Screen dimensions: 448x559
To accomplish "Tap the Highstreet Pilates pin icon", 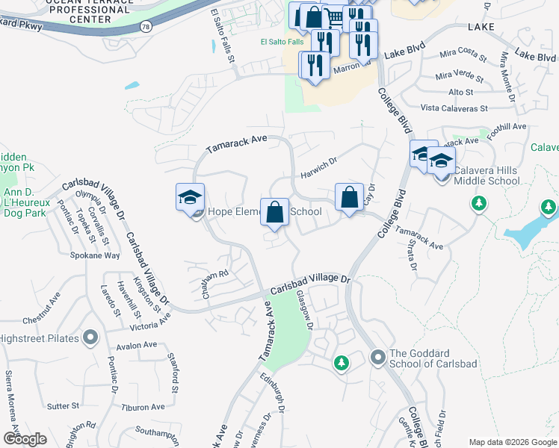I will coord(90,337).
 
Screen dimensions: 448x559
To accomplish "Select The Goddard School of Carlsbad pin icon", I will coord(377,358).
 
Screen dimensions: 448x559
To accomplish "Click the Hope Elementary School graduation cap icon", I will coord(190,198).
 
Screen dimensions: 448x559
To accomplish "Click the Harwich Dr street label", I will coord(320,160).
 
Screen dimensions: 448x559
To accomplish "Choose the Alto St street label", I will coord(460,92).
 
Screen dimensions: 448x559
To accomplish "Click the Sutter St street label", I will coord(64,406).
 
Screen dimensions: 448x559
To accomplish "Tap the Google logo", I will coord(25,438).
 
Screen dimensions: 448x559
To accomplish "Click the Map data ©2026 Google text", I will coord(513,442).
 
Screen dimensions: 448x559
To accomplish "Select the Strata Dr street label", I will coord(412,256).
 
